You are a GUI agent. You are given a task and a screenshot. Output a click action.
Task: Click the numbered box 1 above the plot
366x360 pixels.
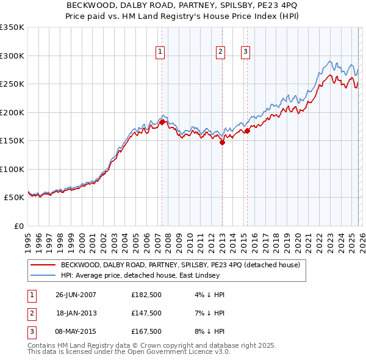click(x=160, y=52)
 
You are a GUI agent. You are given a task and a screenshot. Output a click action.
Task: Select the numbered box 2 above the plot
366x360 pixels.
click(x=220, y=52)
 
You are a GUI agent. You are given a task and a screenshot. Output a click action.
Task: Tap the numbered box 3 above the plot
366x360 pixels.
click(x=245, y=52)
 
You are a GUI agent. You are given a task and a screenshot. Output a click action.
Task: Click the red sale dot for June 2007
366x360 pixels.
click(x=162, y=122)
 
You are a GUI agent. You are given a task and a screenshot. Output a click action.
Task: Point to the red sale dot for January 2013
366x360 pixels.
click(x=222, y=142)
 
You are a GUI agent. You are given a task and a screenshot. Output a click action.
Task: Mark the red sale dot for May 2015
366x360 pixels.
click(x=247, y=131)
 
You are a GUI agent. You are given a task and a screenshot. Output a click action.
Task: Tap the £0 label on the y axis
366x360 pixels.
click(x=18, y=226)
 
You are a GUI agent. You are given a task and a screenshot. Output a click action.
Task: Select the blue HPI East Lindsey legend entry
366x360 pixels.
click(x=164, y=276)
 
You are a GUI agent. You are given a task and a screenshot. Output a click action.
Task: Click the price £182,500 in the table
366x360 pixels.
click(x=146, y=295)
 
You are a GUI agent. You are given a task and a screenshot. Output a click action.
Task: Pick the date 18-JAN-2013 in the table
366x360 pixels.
click(x=76, y=313)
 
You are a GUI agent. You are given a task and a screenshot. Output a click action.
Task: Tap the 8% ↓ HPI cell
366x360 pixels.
click(x=210, y=331)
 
